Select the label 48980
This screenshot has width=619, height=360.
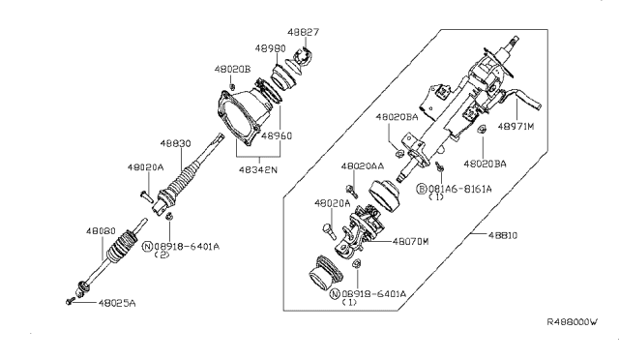[x=271, y=46]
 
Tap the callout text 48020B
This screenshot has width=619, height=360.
[x=232, y=70]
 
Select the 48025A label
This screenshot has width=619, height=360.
[x=117, y=303]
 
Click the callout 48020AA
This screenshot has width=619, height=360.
[x=364, y=166]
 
